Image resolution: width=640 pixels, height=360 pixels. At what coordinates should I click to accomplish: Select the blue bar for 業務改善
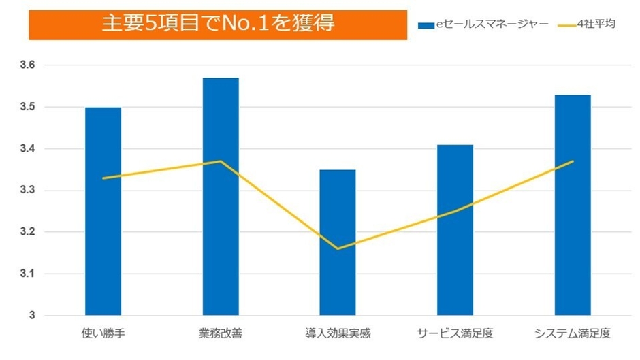[x=221, y=197]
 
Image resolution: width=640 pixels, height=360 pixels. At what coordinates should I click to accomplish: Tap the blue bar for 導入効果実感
[x=338, y=242]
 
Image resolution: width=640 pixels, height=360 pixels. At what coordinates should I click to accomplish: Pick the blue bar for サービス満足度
[x=455, y=230]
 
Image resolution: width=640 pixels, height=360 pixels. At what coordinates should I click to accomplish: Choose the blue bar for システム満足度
[x=573, y=205]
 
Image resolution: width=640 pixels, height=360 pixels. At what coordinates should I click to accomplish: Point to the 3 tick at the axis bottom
[x=31, y=316]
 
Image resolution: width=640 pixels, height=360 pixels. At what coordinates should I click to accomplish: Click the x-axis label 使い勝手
[x=103, y=334]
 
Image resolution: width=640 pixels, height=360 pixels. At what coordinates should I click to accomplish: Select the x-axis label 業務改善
[x=221, y=334]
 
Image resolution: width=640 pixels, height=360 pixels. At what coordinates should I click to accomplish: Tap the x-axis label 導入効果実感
[x=338, y=334]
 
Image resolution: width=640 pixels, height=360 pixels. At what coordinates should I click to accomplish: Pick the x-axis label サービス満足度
[x=455, y=334]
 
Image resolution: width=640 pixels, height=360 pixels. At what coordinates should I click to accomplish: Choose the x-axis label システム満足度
[x=573, y=334]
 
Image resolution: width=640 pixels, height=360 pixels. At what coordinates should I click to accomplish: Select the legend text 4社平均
[x=596, y=25]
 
